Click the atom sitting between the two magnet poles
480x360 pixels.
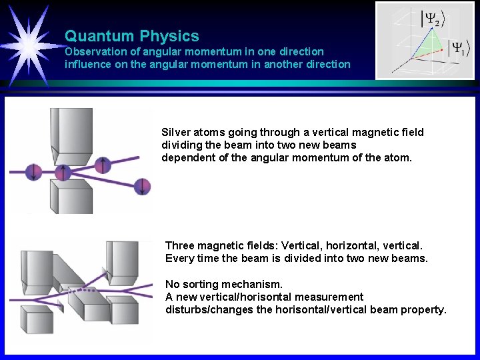click(x=62, y=172)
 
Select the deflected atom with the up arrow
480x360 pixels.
click(x=103, y=164)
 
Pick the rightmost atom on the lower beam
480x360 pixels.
click(x=142, y=186)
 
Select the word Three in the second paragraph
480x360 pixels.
click(x=179, y=245)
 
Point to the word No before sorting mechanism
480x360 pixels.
click(x=172, y=284)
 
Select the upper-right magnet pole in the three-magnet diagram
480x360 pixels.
click(x=124, y=260)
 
